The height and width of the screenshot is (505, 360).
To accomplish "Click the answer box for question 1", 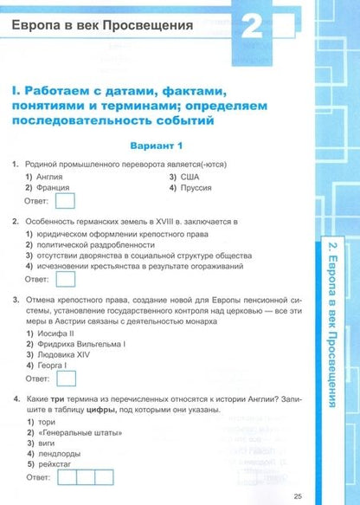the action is tap(65, 203).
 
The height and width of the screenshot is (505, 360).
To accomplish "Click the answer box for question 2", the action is tap(65, 281).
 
